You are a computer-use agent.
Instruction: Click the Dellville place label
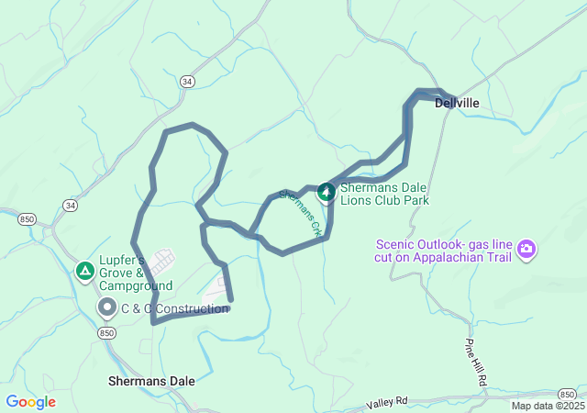[457, 104]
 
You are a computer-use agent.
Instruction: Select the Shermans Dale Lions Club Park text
[384, 193]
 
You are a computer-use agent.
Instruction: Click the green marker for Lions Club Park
[326, 193]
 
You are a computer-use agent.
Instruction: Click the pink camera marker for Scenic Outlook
[526, 249]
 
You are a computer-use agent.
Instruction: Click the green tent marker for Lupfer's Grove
[84, 271]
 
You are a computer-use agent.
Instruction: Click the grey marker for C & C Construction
[107, 308]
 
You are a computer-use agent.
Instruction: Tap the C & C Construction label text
[175, 308]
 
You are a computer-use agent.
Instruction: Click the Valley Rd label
[386, 404]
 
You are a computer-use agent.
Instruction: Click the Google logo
[30, 401]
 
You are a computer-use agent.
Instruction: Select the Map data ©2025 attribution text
[548, 406]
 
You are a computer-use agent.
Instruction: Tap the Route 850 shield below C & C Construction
[108, 333]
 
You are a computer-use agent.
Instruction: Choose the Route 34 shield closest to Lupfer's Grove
[70, 205]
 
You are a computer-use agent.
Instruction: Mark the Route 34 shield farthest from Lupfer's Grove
[187, 82]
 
